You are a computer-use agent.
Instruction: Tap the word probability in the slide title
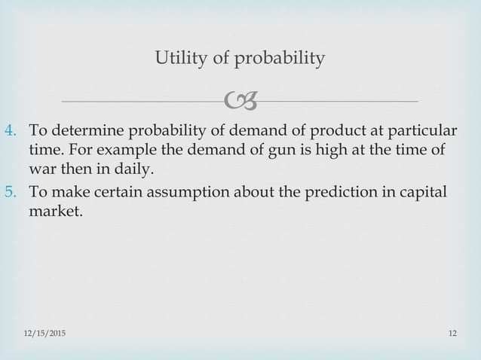280,58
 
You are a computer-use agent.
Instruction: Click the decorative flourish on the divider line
240,100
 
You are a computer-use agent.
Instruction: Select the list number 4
11,130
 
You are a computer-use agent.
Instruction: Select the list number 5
11,192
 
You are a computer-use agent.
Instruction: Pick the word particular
422,131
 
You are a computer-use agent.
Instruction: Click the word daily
134,169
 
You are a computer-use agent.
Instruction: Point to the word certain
118,192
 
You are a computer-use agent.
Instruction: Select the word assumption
188,193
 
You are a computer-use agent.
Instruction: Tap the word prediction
341,193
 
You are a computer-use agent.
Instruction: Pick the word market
56,211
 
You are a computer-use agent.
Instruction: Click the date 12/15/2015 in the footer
44,334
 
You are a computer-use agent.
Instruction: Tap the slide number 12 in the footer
453,334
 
